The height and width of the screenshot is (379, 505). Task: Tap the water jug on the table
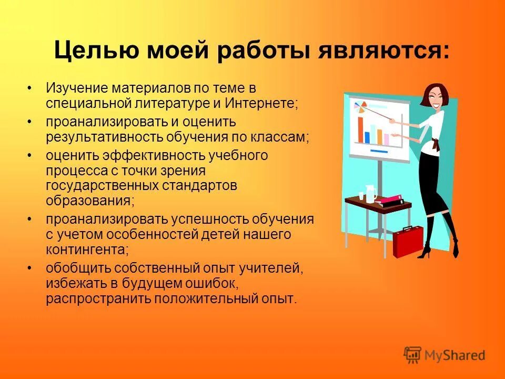[x=371, y=193]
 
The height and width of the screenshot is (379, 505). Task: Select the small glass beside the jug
[x=361, y=196]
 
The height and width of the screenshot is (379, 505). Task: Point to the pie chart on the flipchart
[x=360, y=107]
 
